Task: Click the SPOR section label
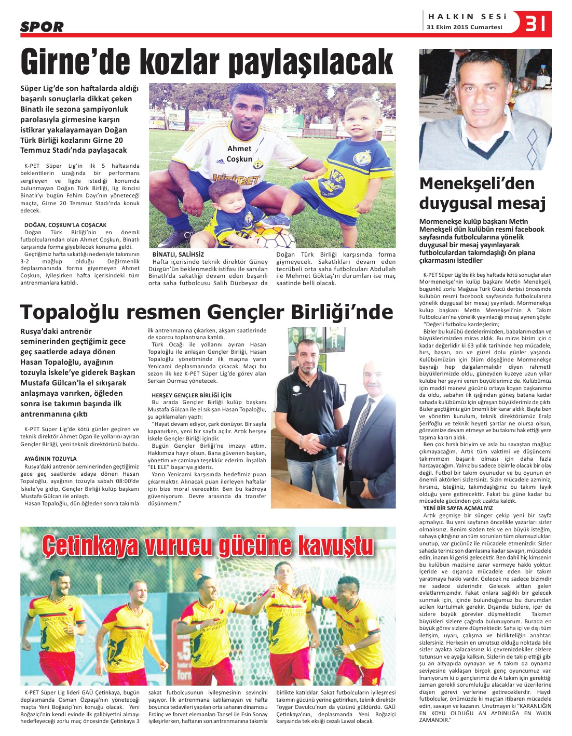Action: (42, 26)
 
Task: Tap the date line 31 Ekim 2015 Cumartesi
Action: (465, 28)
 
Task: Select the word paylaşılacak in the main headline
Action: (311, 63)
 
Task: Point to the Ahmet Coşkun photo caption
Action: (239, 154)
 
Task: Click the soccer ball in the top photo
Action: (276, 237)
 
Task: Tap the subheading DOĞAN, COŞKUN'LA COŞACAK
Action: (65, 225)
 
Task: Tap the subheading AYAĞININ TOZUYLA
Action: (50, 459)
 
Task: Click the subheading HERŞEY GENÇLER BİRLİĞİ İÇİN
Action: (192, 395)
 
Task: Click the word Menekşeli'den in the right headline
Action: (476, 183)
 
